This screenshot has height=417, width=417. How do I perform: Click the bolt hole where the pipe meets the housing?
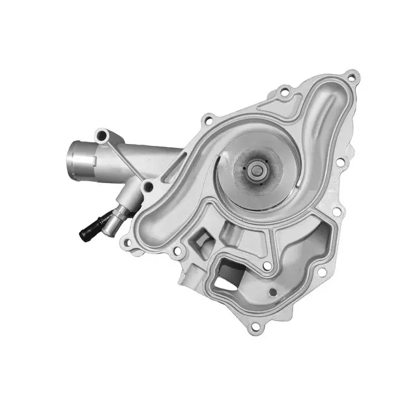pos(149,188)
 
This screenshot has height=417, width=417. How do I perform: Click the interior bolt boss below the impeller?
pos(266,266)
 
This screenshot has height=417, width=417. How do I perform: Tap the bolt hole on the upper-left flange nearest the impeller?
pos(207,119)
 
